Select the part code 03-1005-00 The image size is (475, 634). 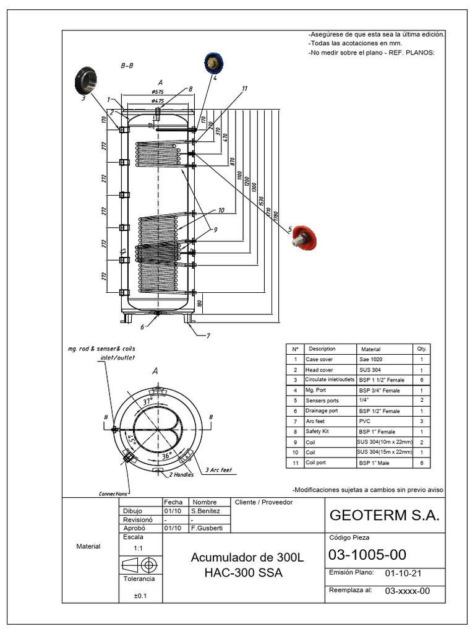pyautogui.click(x=367, y=554)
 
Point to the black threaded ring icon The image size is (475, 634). pyautogui.click(x=85, y=81)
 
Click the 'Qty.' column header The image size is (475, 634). pyautogui.click(x=422, y=349)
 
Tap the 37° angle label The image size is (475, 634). pyautogui.click(x=147, y=402)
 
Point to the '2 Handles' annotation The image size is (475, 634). pyautogui.click(x=181, y=475)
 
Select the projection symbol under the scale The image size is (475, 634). pyautogui.click(x=140, y=565)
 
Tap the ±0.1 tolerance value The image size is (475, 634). pyautogui.click(x=140, y=596)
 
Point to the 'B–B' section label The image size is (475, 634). pyautogui.click(x=128, y=66)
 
